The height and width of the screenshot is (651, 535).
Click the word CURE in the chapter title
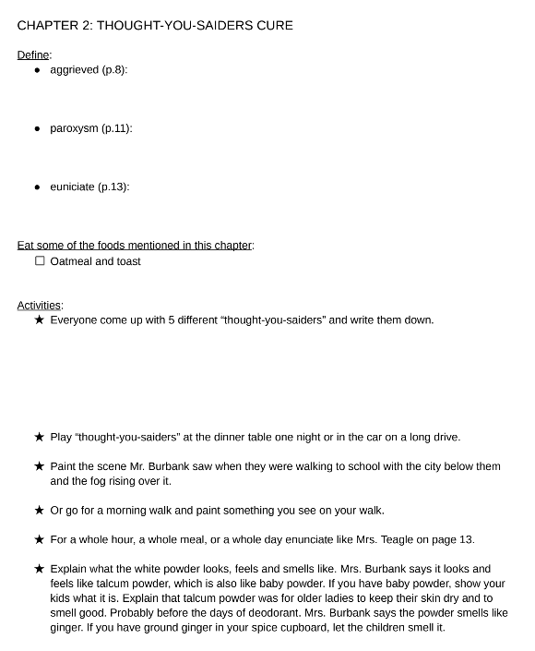click(272, 25)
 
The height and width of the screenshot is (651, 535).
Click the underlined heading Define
click(33, 55)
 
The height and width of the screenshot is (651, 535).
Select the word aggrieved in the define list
click(74, 70)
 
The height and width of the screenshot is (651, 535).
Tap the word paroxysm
click(74, 128)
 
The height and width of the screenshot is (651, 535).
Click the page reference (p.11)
click(117, 128)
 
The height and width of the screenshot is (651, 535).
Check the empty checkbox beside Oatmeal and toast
click(40, 261)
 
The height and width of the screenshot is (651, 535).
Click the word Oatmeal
click(71, 261)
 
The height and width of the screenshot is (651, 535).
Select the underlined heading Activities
click(39, 306)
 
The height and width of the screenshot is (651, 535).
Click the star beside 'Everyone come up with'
click(39, 320)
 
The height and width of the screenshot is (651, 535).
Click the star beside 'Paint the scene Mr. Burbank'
click(39, 466)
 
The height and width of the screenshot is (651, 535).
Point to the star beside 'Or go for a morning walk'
click(39, 511)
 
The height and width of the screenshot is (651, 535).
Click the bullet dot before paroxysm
click(38, 128)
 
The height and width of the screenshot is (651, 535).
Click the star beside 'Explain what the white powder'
click(39, 569)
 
